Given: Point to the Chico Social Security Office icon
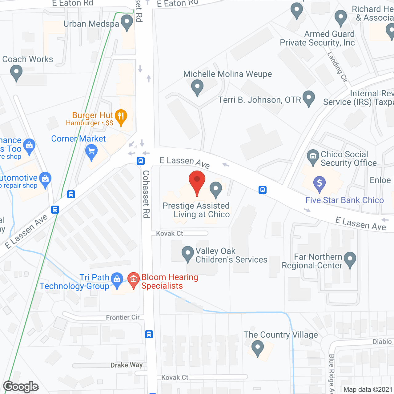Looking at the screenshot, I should pos(313,156).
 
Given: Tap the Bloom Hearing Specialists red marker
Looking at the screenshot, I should pos(133,279).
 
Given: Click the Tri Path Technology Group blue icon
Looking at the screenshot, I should pos(117,279).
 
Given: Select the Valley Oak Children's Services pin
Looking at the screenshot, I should pos(187,254).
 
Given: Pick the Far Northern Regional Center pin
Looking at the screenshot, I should pos(350,259).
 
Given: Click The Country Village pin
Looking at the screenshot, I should pos(258,348).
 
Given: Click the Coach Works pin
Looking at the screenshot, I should pos(16,73).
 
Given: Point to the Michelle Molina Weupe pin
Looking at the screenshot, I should pos(197,87).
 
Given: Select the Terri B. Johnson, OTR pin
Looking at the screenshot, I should pos(309,98).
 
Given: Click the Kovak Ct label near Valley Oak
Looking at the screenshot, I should pos(170,234).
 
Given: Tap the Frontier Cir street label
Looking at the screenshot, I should pos(123,317).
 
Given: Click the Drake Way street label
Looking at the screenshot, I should pos(127,365).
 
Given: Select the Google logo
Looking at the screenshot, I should pos(21,387).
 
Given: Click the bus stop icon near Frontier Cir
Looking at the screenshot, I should pos(149,334).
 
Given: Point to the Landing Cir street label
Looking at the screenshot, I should pos(337,67).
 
